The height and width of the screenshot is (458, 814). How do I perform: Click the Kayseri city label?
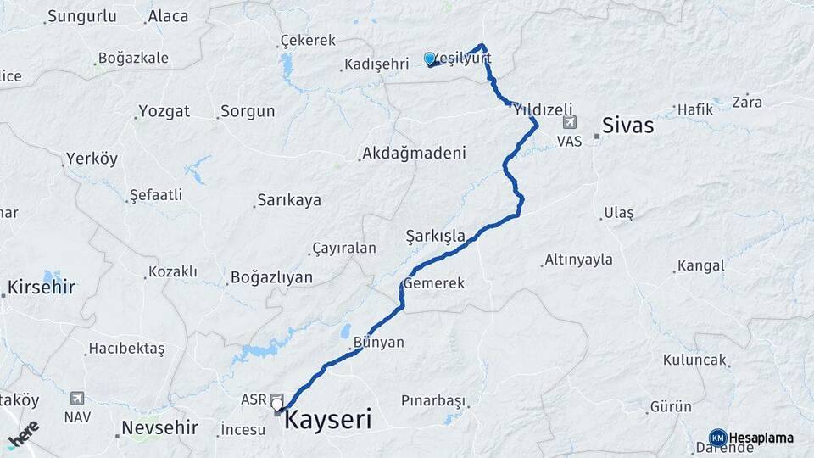(x=327, y=419)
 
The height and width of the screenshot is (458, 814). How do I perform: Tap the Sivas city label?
(x=627, y=126)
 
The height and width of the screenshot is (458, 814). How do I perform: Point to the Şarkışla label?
(x=436, y=235)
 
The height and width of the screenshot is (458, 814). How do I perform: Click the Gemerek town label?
(x=434, y=283)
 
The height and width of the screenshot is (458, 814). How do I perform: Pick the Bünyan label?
(x=378, y=343)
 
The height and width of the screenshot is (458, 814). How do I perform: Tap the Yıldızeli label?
(x=543, y=109)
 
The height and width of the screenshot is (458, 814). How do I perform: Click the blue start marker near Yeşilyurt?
(x=430, y=59)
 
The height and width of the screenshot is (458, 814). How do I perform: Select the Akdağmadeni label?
(x=414, y=154)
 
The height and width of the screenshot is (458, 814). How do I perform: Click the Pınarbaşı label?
(x=433, y=399)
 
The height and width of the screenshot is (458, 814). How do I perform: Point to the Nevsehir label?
(x=159, y=427)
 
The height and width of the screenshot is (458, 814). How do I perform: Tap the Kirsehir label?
(x=42, y=287)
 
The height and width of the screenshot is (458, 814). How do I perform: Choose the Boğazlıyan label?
(x=271, y=277)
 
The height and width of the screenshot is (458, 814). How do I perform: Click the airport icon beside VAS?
(x=570, y=124)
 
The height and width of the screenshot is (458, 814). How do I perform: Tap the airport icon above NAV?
(x=77, y=398)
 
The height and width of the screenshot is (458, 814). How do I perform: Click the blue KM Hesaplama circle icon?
(x=718, y=438)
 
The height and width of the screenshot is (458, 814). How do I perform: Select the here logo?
(x=24, y=435)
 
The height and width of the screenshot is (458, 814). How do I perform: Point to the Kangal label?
(x=701, y=265)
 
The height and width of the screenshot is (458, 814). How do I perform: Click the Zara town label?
(x=747, y=102)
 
